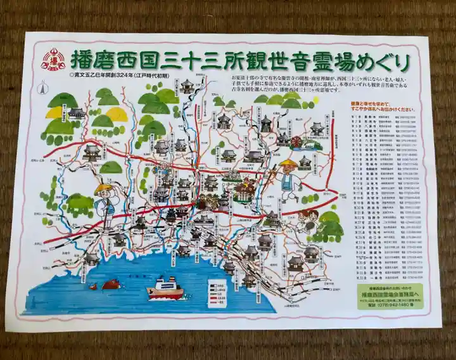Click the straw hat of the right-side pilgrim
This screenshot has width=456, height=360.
289,164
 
